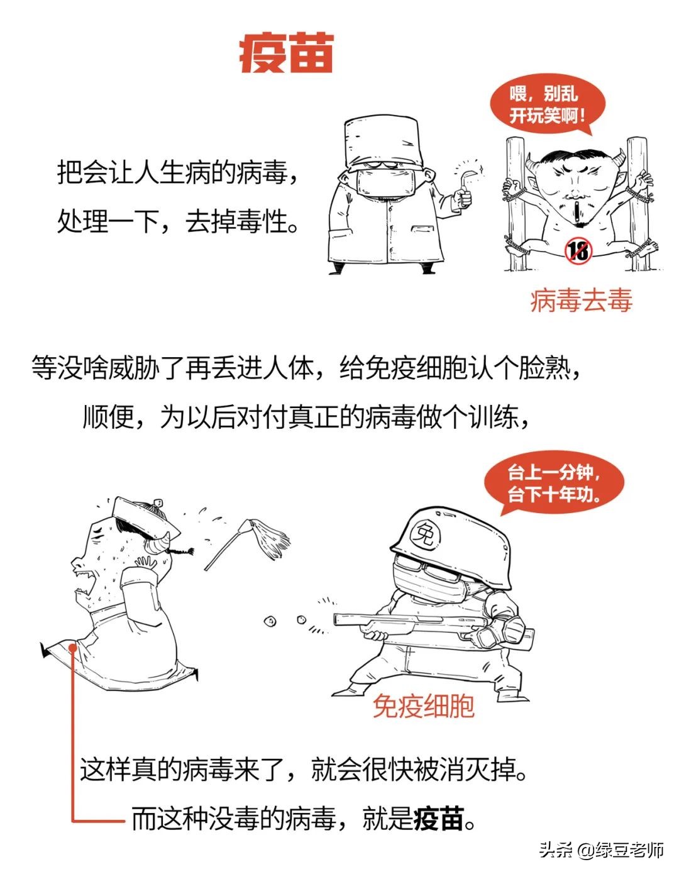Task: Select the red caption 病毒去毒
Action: click(x=580, y=301)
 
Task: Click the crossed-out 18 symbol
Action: click(x=578, y=250)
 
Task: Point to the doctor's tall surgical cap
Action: click(x=382, y=142)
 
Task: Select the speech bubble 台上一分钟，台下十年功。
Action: click(x=553, y=483)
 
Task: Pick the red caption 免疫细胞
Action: click(x=423, y=706)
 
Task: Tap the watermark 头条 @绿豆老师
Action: click(x=601, y=851)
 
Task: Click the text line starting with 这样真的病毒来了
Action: click(x=303, y=769)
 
